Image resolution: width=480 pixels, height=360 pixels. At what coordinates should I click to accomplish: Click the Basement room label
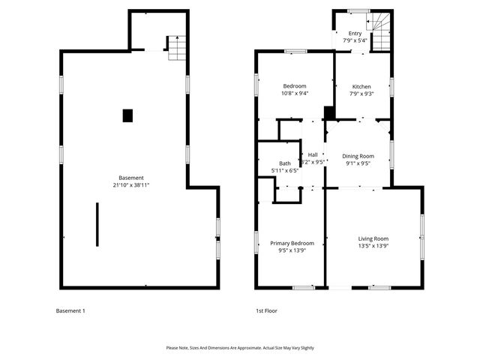tap(131, 178)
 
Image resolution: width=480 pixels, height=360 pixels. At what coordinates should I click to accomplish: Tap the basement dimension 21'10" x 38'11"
tap(131, 185)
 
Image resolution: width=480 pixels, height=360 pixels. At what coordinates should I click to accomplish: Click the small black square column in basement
tap(127, 115)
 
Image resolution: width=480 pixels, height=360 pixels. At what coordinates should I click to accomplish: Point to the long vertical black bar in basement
tap(97, 223)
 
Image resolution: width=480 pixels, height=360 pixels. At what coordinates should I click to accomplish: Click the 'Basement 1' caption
tap(71, 310)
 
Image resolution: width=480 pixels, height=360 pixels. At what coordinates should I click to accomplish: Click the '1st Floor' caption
tap(267, 310)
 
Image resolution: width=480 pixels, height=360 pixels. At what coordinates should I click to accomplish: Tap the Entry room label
tap(355, 33)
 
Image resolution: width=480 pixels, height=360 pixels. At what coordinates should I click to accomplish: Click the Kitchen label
tap(360, 86)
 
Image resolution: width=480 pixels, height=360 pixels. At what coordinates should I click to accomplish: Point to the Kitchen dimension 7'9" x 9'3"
tap(360, 94)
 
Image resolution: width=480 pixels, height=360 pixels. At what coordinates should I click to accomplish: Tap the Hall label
tap(313, 154)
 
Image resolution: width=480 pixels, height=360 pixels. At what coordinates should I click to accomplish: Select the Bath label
tap(285, 163)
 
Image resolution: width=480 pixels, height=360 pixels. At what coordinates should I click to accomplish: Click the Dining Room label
tap(356, 155)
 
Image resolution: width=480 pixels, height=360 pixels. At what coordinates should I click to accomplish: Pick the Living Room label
tap(373, 238)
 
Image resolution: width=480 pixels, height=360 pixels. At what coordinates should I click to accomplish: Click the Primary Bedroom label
tap(292, 243)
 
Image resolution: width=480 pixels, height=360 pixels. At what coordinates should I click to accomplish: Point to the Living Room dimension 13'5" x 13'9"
tap(373, 246)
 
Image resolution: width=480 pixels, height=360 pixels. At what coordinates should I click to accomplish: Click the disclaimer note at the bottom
tap(240, 348)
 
